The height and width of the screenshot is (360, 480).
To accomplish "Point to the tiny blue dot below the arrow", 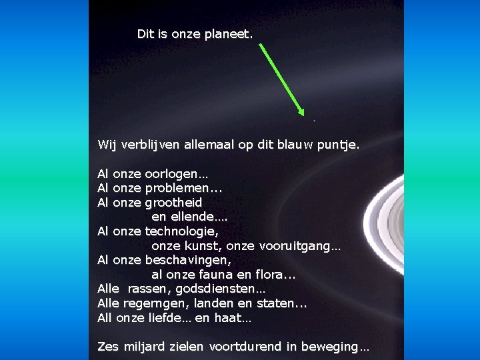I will tap(313, 120).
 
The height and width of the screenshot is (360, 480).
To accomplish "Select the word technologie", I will tap(181, 231).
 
